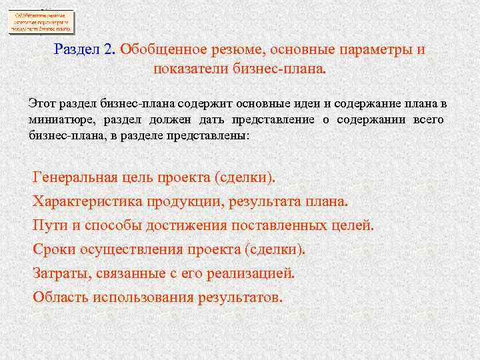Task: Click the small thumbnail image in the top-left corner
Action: click(x=41, y=21)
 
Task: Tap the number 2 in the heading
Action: click(x=109, y=50)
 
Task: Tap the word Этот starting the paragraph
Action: click(x=43, y=103)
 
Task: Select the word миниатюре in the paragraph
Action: click(x=61, y=119)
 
